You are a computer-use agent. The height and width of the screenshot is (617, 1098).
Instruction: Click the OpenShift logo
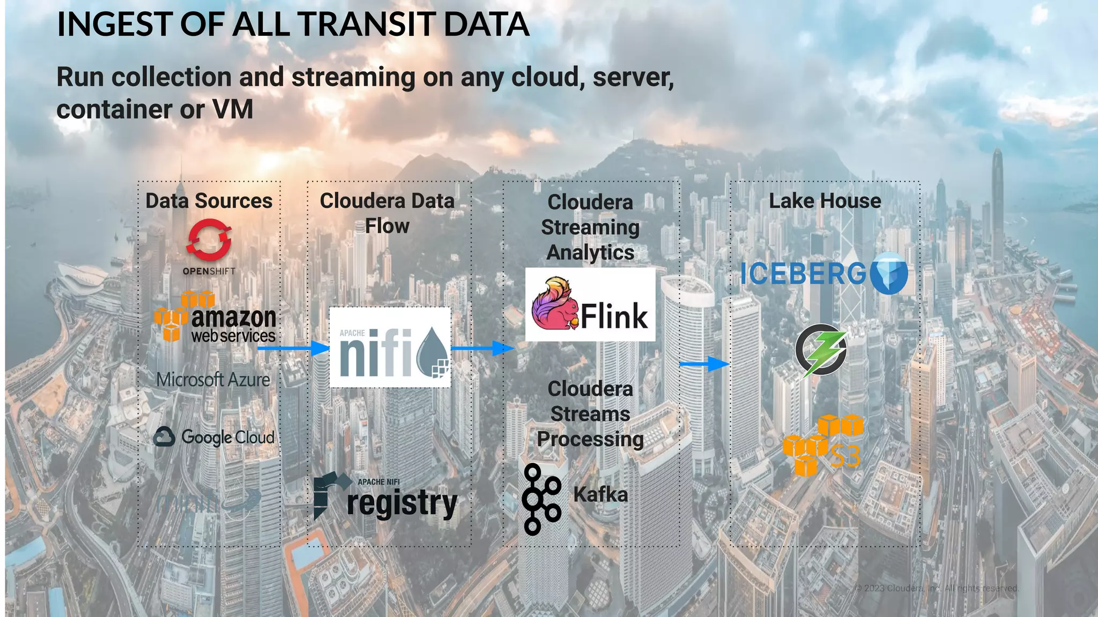[x=209, y=246]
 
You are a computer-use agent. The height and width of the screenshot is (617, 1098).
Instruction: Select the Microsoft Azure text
[x=213, y=380]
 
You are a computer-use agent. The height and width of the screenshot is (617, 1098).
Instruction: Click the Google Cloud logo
[x=214, y=437]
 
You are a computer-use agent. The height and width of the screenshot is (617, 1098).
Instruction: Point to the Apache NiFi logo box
[x=390, y=347]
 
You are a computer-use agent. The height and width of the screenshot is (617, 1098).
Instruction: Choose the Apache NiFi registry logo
[x=385, y=497]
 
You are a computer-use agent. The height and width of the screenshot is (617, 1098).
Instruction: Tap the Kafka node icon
[x=541, y=499]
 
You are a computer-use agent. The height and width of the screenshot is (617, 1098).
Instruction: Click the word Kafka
[x=600, y=494]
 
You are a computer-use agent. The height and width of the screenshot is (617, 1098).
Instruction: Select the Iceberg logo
[x=823, y=274]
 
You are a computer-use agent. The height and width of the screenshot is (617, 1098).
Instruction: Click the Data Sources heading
[x=209, y=201]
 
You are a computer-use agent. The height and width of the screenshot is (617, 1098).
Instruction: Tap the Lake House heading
[x=825, y=201]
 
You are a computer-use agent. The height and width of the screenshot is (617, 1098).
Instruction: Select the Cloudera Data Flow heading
[x=387, y=213]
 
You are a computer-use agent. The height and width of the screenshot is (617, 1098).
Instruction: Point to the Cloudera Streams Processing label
[x=590, y=414]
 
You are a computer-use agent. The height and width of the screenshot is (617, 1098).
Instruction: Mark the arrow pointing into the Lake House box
[x=704, y=364]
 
